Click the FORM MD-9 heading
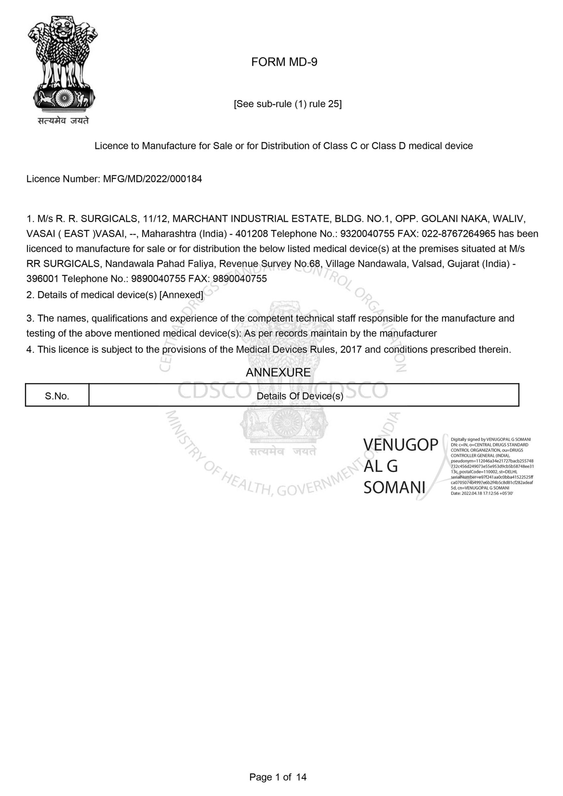(x=284, y=62)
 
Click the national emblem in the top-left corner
(x=63, y=63)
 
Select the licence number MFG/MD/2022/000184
(x=152, y=179)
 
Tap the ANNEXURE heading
(x=278, y=372)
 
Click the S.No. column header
(x=57, y=396)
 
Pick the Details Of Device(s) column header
(x=300, y=396)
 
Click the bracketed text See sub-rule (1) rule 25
(x=287, y=104)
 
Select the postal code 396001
(x=43, y=279)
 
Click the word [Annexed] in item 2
(x=181, y=295)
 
